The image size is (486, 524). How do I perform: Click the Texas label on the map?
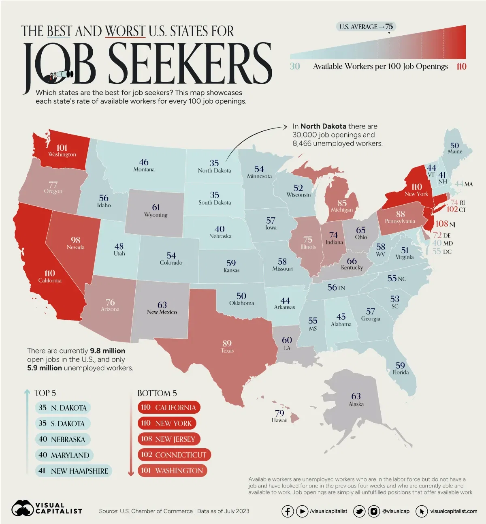point(227,351)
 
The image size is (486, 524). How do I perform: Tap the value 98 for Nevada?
point(75,240)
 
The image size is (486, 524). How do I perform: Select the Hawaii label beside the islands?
point(279,420)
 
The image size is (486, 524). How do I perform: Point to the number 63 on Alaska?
point(356,396)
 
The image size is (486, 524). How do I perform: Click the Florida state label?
point(400,372)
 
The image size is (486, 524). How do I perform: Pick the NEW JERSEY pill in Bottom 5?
point(168,439)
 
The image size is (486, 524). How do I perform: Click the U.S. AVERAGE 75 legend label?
point(366,27)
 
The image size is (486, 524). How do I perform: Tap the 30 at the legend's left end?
point(295,66)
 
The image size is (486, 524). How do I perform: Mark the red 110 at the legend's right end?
point(461,66)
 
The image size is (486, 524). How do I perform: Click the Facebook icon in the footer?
point(288,511)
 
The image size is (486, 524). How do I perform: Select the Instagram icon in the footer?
point(374,511)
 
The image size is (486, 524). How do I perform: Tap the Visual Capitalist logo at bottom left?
point(47,508)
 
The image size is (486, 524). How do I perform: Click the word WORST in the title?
point(125,31)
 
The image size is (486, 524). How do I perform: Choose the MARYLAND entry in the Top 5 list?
point(64,455)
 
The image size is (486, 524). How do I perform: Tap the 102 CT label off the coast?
point(456,210)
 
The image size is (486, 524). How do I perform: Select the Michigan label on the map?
point(342,210)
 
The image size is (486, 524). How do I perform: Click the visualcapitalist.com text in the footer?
point(453,511)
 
